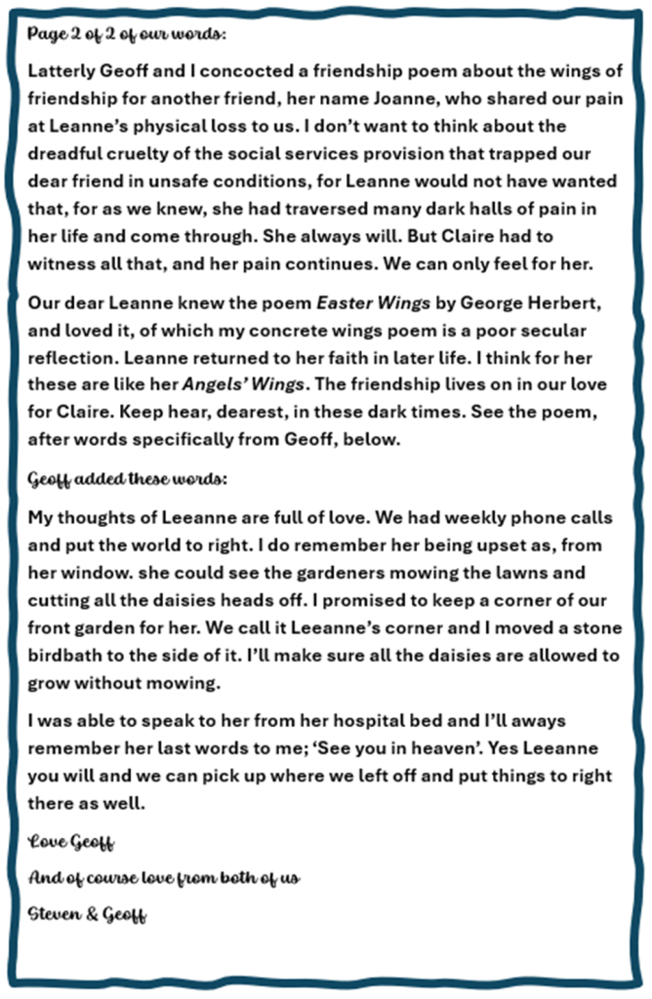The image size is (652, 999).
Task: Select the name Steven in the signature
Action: click(57, 917)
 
